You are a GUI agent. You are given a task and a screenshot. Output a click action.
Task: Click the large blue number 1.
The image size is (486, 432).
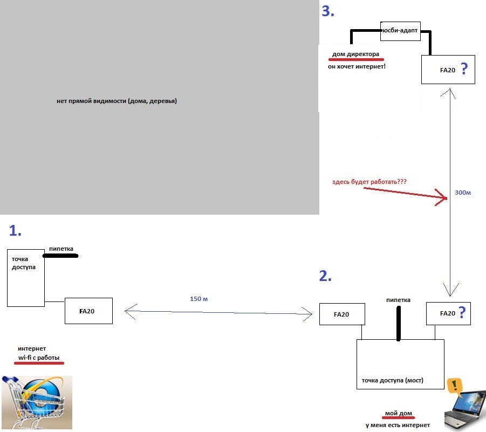pos(15,231)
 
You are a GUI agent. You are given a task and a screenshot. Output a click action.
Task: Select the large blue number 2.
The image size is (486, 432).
pos(325,276)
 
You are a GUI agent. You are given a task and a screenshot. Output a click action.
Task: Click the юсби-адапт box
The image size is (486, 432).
pos(400,30)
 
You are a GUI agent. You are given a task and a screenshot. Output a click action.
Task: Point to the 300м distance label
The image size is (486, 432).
pos(463,192)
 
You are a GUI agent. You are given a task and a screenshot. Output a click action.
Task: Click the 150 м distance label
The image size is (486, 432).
pos(199,299)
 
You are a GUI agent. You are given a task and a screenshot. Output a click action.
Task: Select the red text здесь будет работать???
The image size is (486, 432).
pos(369,182)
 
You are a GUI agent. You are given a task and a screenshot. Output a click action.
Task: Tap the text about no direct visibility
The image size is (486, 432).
pos(117,101)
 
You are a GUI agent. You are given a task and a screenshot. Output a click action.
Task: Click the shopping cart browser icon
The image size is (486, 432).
pos(36,402)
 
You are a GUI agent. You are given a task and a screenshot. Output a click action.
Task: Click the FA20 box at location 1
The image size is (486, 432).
pos(88,311)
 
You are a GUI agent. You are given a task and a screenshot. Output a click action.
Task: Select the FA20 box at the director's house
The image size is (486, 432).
pos(448,70)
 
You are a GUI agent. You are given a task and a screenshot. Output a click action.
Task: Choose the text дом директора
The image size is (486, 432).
pos(355,54)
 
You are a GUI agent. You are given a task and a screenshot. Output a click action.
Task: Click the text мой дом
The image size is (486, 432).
pos(398,414)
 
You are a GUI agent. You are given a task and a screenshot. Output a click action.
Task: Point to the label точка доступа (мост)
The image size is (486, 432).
pos(392,380)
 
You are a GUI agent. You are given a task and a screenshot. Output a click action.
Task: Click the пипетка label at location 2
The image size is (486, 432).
pos(399,300)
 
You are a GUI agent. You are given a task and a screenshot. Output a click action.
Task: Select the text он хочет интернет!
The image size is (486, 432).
pos(357,67)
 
